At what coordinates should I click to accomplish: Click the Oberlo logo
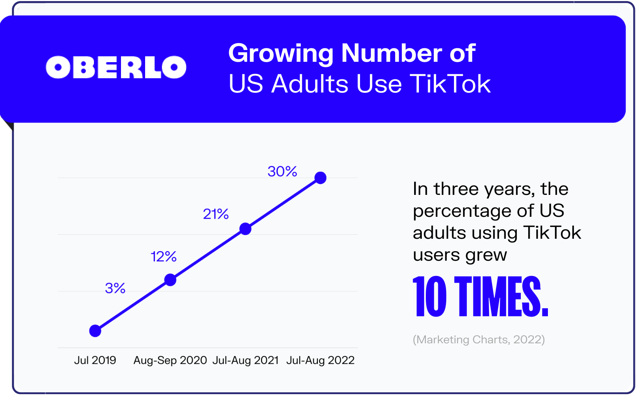[116, 67]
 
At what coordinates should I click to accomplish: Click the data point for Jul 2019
[95, 331]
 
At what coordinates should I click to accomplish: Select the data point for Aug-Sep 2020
[170, 280]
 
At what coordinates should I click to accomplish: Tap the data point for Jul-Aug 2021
[245, 229]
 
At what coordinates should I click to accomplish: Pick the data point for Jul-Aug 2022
[321, 178]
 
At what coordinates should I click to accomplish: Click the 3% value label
[115, 288]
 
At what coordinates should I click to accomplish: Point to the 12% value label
[163, 257]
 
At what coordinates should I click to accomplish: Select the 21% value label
[216, 214]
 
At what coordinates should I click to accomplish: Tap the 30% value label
[282, 171]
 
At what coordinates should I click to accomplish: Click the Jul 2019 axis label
[95, 360]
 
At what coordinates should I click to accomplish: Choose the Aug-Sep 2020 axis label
[170, 360]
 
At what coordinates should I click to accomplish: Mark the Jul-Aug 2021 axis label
[246, 360]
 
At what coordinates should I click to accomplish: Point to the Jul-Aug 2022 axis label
[321, 360]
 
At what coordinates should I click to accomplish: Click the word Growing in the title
[281, 54]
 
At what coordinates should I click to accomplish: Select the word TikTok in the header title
[450, 84]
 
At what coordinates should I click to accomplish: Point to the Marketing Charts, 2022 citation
[479, 340]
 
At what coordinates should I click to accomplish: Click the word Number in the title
[391, 53]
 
